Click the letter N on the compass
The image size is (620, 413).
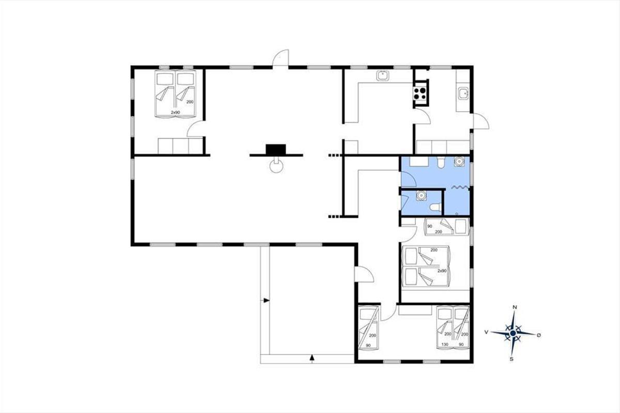click(515, 307)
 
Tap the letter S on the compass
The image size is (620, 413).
click(512, 359)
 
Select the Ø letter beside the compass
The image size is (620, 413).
click(538, 335)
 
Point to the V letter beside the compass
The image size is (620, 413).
click(486, 332)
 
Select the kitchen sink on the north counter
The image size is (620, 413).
click(383, 75)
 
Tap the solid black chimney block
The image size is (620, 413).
click(276, 149)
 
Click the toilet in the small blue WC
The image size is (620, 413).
click(436, 207)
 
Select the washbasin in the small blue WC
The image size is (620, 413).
click(421, 195)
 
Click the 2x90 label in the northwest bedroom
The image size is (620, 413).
click(175, 113)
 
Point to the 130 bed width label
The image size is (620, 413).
click(445, 344)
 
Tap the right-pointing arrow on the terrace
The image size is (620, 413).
click(266, 300)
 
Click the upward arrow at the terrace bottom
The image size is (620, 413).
click(312, 358)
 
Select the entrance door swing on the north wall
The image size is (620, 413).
click(281, 58)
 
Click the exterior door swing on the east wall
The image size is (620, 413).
click(481, 121)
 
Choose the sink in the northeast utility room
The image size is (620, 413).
click(462, 93)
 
